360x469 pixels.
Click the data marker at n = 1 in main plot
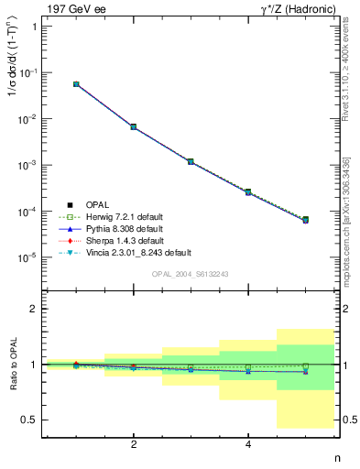click(76, 84)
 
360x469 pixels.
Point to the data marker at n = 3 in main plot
click(191, 161)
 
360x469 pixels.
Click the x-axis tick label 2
click(134, 444)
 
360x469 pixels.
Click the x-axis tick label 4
click(248, 444)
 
